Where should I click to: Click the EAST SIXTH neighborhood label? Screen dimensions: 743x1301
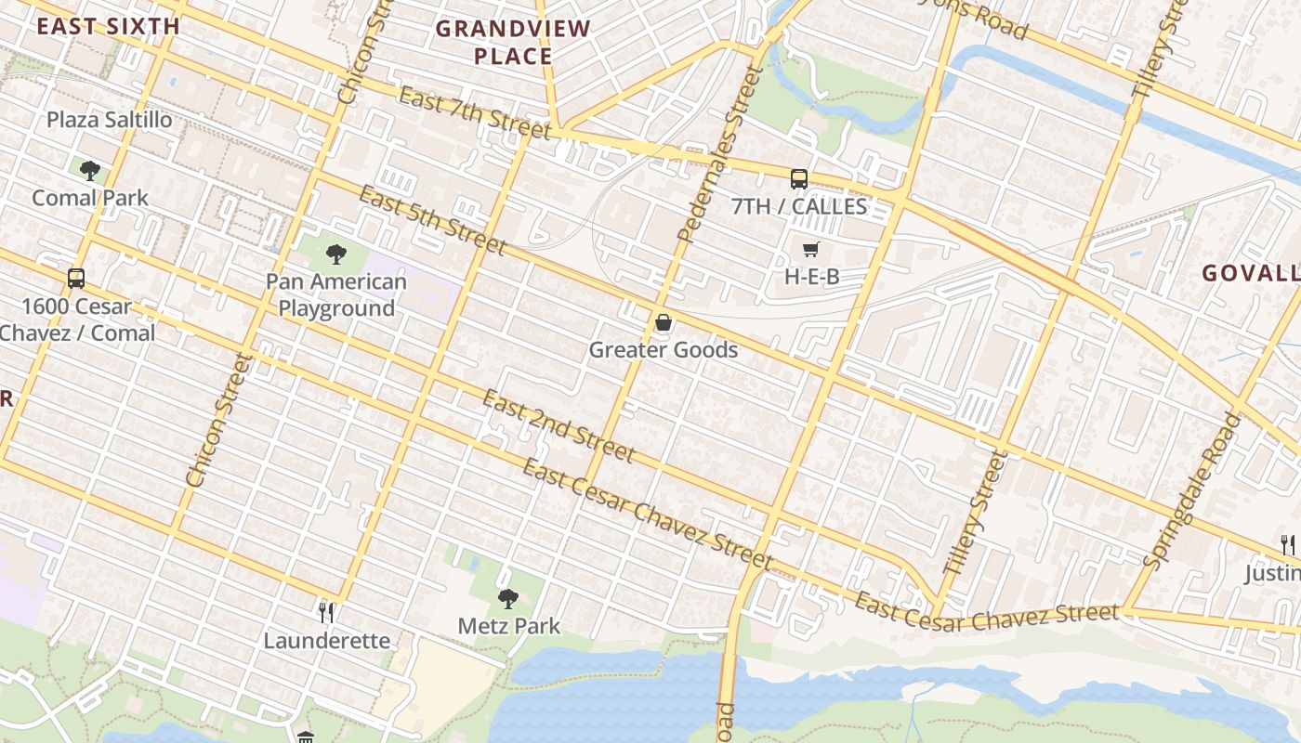click(108, 26)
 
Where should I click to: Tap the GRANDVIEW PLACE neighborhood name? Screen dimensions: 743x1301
click(513, 43)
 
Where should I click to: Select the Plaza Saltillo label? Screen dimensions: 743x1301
click(110, 120)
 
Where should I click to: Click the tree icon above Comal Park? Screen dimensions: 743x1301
click(90, 170)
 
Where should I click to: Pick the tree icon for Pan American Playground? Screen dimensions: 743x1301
click(336, 254)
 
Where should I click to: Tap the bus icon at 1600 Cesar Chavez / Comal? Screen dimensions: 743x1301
click(76, 278)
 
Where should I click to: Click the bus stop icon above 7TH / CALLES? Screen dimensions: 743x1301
click(799, 179)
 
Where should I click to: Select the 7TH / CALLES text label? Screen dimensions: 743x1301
click(799, 206)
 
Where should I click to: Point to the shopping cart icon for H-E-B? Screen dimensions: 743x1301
click(811, 249)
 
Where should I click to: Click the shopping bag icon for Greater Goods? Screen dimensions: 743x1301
click(664, 322)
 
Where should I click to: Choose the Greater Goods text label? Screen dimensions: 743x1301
click(664, 350)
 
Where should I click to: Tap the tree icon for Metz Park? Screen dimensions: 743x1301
click(507, 598)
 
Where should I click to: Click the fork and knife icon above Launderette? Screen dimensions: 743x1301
click(326, 612)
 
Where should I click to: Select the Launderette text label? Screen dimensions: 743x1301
click(326, 641)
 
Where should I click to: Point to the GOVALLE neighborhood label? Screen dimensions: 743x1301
click(1251, 273)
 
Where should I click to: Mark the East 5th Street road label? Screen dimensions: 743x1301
click(432, 220)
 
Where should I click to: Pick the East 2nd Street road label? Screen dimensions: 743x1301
click(558, 426)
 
